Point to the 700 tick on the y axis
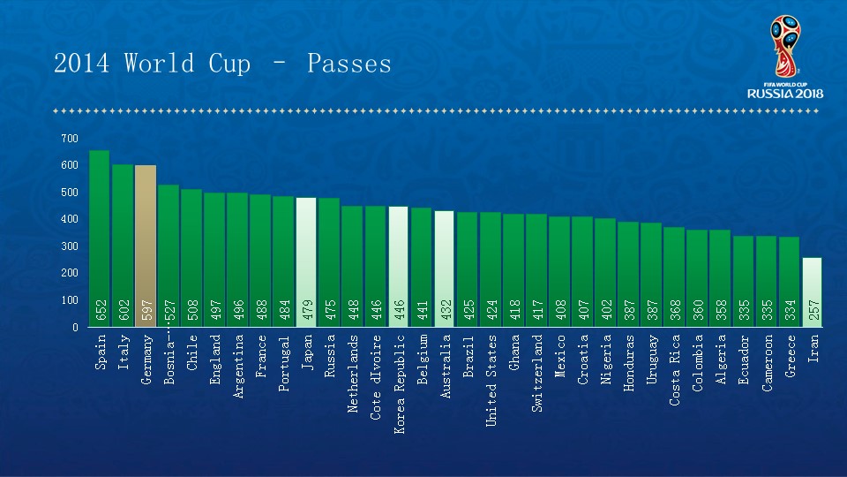tap(70, 139)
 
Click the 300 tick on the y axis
tap(70, 246)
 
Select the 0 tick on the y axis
tap(74, 328)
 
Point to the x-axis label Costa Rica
tap(675, 370)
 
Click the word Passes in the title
tap(349, 64)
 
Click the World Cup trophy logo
tap(784, 44)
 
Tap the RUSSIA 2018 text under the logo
tap(785, 93)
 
